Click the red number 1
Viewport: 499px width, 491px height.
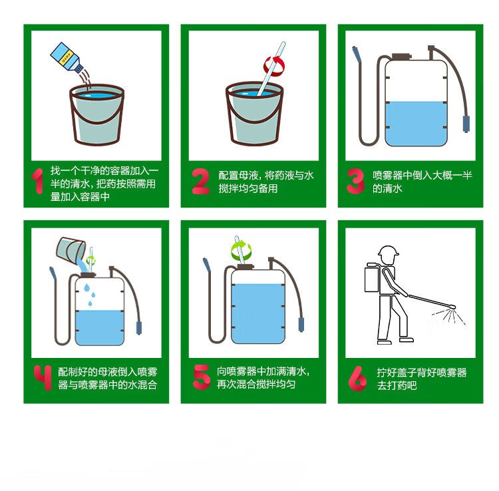click(x=38, y=181)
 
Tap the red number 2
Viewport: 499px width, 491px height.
click(x=201, y=181)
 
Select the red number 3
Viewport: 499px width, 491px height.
click(x=355, y=181)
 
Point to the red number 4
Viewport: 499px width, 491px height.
click(x=43, y=377)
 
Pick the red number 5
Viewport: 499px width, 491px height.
click(x=201, y=377)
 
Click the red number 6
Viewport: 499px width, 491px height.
click(x=357, y=378)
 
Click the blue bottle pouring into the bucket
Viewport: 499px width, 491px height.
click(x=67, y=57)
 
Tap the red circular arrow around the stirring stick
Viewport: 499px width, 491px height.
click(x=274, y=66)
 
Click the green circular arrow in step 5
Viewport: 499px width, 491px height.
click(x=242, y=250)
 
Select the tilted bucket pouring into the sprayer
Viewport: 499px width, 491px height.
click(x=71, y=249)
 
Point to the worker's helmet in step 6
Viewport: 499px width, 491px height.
click(x=389, y=251)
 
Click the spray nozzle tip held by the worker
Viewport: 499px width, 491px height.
click(x=452, y=307)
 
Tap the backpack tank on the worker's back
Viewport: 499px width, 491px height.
click(x=371, y=277)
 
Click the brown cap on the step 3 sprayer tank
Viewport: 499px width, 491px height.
click(x=401, y=57)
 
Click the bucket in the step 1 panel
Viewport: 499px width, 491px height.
click(x=96, y=114)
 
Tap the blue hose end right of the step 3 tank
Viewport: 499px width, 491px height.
click(x=466, y=124)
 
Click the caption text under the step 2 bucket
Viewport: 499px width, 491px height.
click(x=266, y=182)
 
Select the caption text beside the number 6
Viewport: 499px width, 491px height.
click(x=422, y=379)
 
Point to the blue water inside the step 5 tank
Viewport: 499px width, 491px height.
click(x=258, y=313)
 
